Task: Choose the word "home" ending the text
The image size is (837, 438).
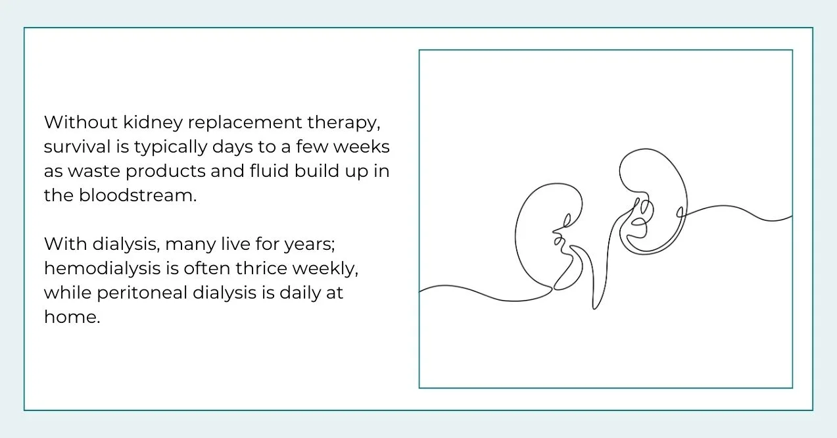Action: (x=70, y=317)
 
